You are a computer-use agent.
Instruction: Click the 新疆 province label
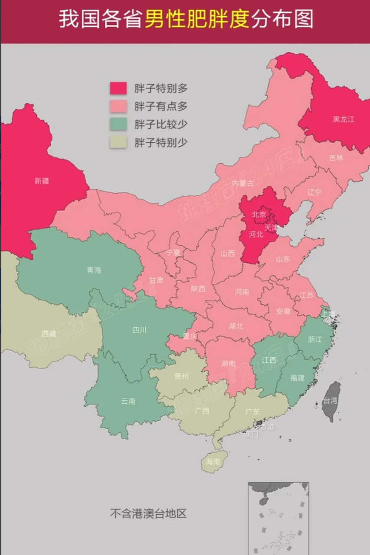click(42, 181)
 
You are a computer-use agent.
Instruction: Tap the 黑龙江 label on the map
click(344, 119)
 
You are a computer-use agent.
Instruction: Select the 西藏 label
click(49, 333)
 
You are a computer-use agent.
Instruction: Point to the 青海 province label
click(94, 270)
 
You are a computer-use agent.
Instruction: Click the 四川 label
click(139, 330)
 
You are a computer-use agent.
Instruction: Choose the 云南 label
click(128, 401)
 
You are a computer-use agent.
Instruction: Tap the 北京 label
click(260, 214)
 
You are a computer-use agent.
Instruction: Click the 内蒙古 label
click(243, 183)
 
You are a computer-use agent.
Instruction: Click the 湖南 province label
click(228, 363)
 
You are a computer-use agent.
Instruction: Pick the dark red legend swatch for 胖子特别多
click(118, 88)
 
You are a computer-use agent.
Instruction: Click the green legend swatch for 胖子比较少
click(118, 124)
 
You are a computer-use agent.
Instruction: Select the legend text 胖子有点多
click(161, 107)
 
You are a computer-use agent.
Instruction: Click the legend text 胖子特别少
click(161, 143)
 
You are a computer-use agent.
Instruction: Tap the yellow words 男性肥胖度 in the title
click(197, 20)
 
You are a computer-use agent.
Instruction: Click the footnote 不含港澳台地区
click(148, 514)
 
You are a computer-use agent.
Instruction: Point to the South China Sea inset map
click(278, 518)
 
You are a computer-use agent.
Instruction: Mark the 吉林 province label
click(336, 158)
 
